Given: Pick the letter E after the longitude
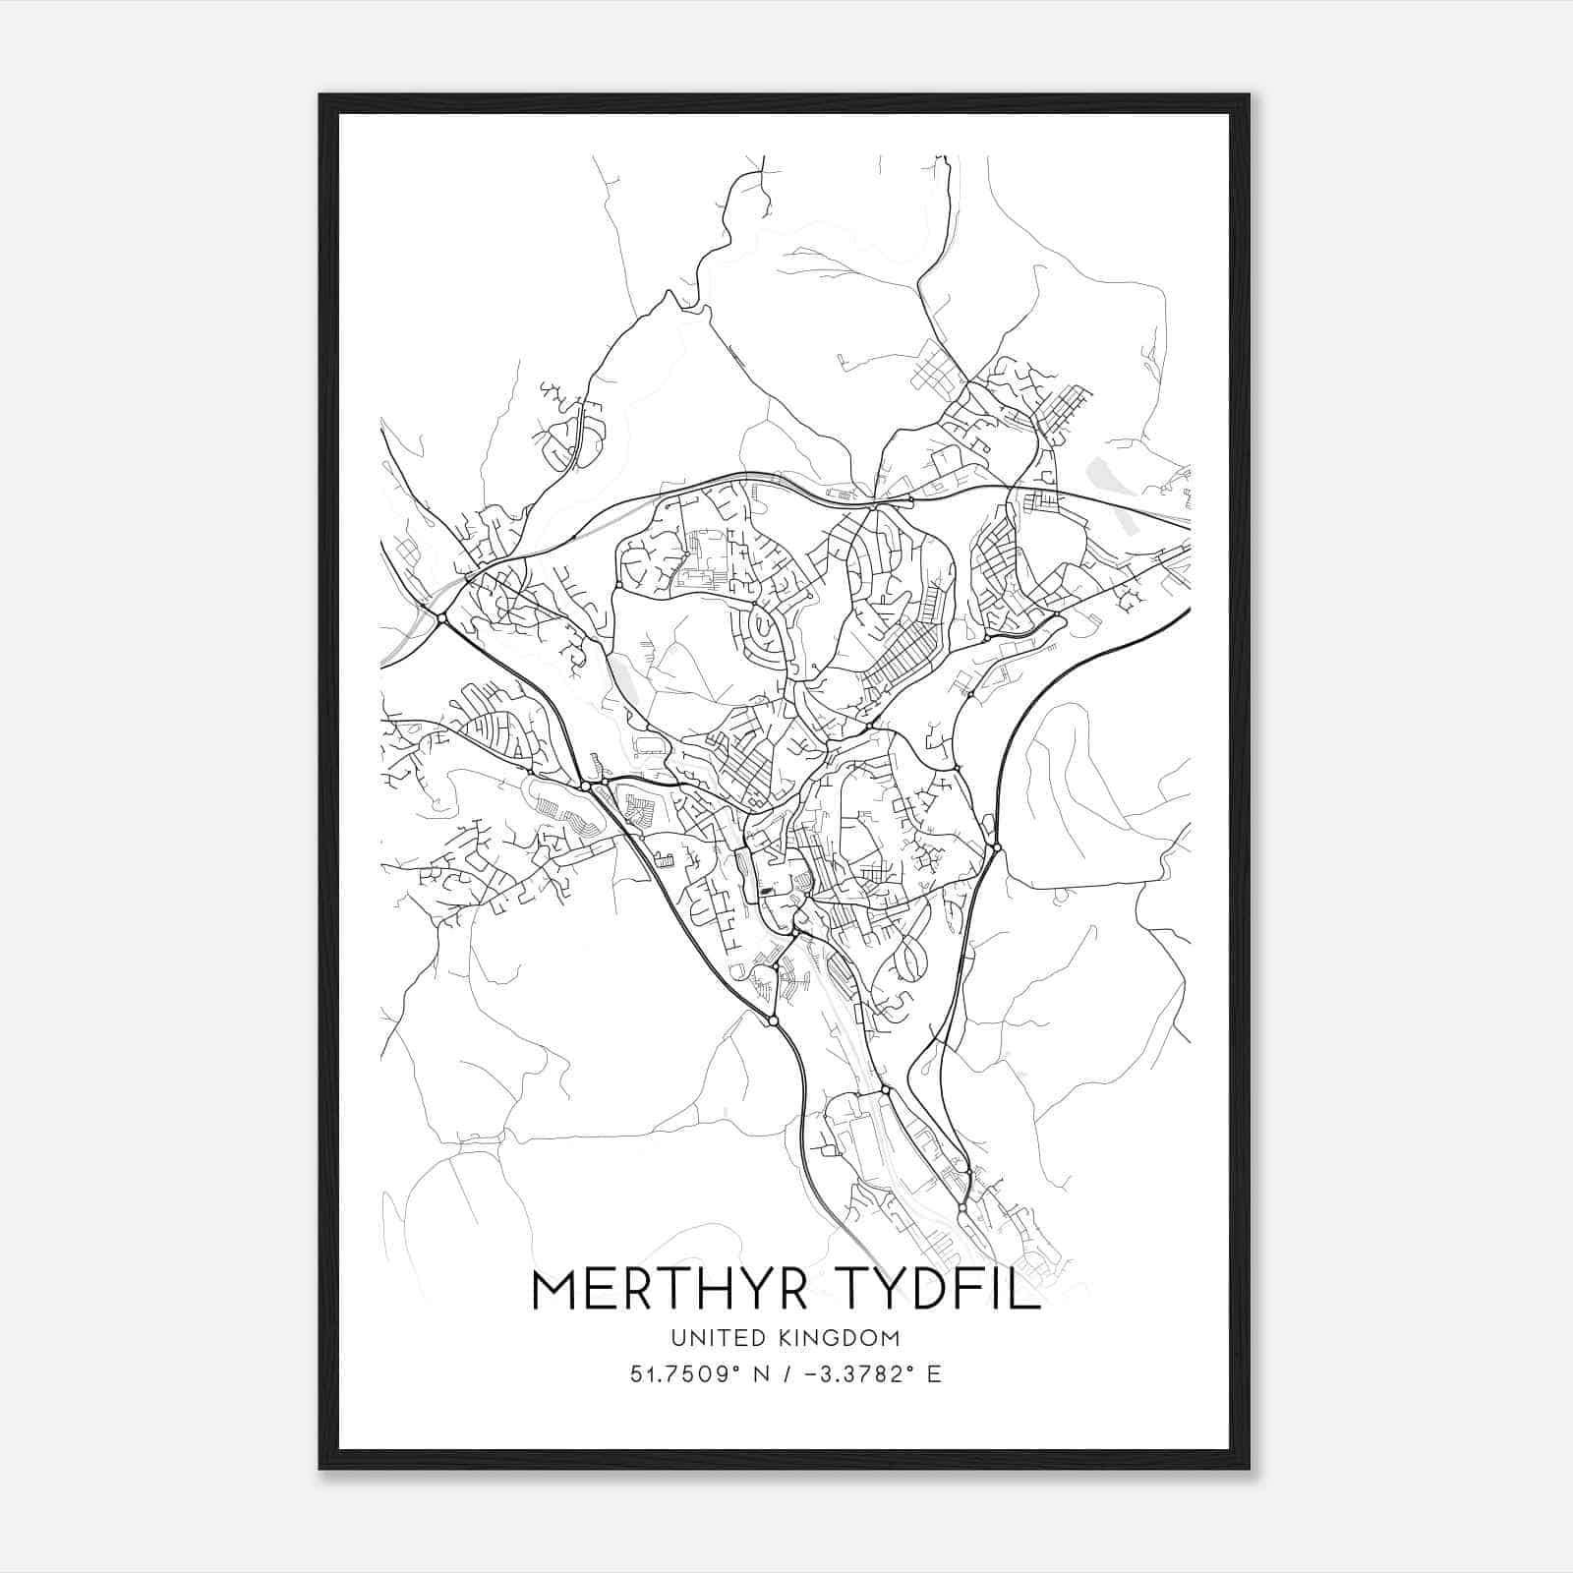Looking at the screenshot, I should pos(933,1373).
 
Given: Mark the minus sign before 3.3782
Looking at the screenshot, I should pos(811,1374).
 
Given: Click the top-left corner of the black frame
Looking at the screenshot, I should pos(320,95).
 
